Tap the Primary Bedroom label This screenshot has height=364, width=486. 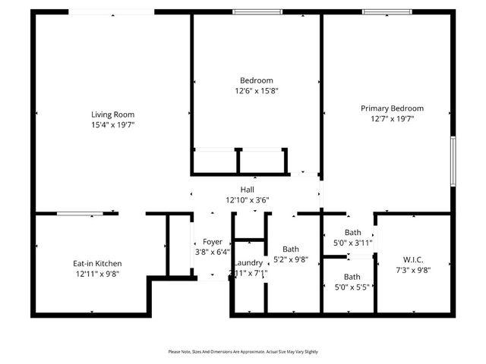click(x=392, y=108)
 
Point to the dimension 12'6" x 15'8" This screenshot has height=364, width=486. click(x=257, y=90)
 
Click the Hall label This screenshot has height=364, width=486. click(x=248, y=190)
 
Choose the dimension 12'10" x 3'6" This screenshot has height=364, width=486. click(x=248, y=200)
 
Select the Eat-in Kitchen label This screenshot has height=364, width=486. click(x=96, y=264)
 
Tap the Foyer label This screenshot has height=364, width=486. click(x=213, y=242)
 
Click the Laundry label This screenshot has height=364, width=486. click(x=248, y=262)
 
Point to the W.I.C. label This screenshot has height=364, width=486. click(x=413, y=259)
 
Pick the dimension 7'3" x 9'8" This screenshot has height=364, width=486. click(x=413, y=269)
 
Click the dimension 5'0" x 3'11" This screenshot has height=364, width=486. click(x=352, y=243)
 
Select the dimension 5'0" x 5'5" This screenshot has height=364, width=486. click(x=352, y=287)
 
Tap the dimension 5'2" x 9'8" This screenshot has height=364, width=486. click(x=291, y=259)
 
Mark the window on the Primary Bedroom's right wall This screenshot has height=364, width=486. click(x=453, y=161)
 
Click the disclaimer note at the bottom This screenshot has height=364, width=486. click(x=243, y=352)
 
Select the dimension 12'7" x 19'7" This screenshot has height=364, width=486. click(x=392, y=119)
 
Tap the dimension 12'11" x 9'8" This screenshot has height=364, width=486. click(x=96, y=275)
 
